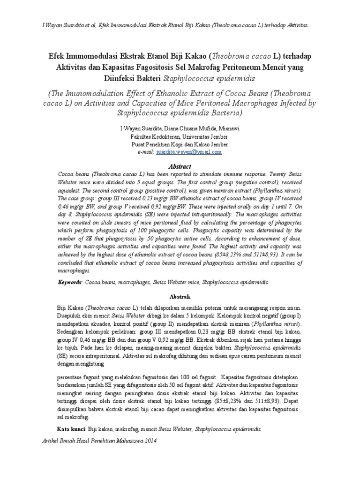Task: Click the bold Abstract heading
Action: [x=180, y=166]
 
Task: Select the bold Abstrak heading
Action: [x=180, y=297]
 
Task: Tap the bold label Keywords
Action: [x=69, y=283]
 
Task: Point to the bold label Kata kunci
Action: [x=72, y=429]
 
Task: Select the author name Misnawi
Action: [x=229, y=128]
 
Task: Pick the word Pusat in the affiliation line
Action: [x=140, y=144]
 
